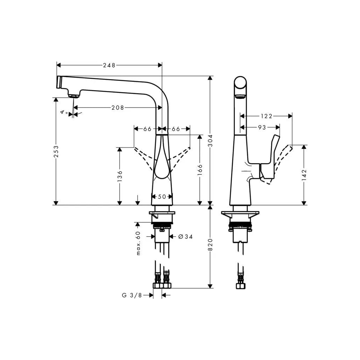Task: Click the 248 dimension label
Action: tap(109, 65)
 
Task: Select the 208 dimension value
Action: tap(118, 108)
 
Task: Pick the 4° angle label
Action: tap(64, 112)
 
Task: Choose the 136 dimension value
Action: tap(120, 176)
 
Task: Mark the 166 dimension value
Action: tap(200, 170)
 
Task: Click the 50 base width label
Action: tap(162, 197)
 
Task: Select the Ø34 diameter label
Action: tap(185, 237)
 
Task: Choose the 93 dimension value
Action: tap(262, 128)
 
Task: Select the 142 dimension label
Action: tap(304, 175)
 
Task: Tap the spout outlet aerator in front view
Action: tap(73, 95)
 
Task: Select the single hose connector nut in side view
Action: tap(240, 285)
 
